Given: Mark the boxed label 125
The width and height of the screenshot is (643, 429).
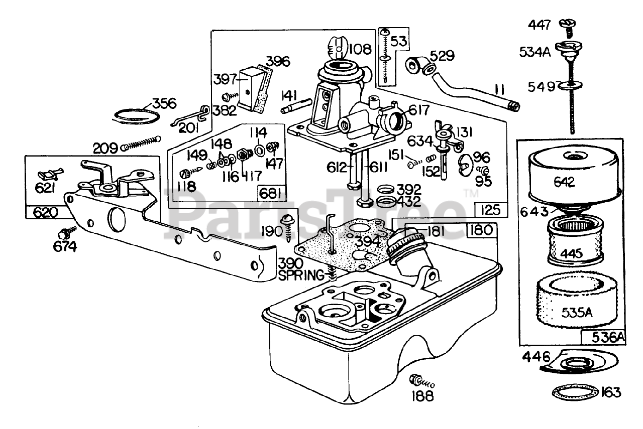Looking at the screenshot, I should point(490,209).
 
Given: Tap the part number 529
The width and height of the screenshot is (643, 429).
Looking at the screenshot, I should point(440,55).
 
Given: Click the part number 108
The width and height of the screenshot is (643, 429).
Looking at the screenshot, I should point(360,49).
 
